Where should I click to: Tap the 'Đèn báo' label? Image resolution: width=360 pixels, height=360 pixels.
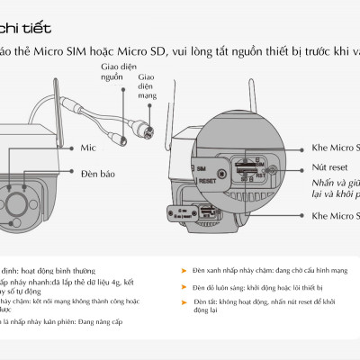[97, 172]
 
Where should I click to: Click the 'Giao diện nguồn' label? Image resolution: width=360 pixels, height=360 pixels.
[112, 72]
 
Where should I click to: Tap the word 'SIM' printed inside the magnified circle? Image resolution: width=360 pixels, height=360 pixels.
[202, 168]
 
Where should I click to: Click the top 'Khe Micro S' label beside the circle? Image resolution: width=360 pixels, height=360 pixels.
[334, 146]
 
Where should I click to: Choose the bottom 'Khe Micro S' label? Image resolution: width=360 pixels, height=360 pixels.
[334, 217]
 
